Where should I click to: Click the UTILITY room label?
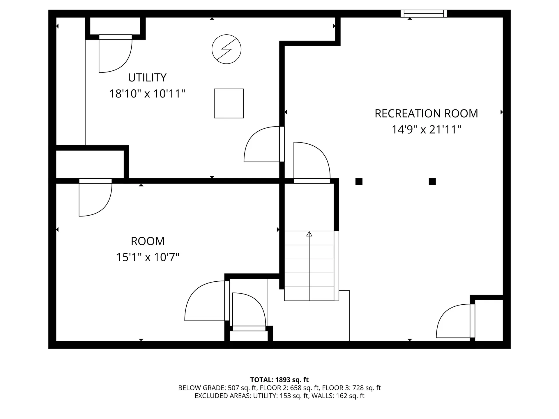coord(147,77)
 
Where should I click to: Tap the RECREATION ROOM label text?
coord(426,113)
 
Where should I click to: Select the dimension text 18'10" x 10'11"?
coord(147,94)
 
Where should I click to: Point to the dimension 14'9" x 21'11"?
coord(426,129)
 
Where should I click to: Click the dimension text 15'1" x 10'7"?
coord(148,257)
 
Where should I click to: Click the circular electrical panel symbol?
coord(227,49)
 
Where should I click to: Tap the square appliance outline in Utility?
coord(229,103)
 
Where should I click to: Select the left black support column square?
coord(359,182)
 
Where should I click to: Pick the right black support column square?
coord(432,182)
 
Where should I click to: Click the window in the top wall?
coord(424,13)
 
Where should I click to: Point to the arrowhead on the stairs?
coord(309,234)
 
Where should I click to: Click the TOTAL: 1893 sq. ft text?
coord(279,380)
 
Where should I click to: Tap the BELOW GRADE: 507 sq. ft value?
coord(217,388)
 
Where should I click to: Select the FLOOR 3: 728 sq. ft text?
coord(352,388)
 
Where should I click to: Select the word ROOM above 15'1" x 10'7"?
coord(148,241)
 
